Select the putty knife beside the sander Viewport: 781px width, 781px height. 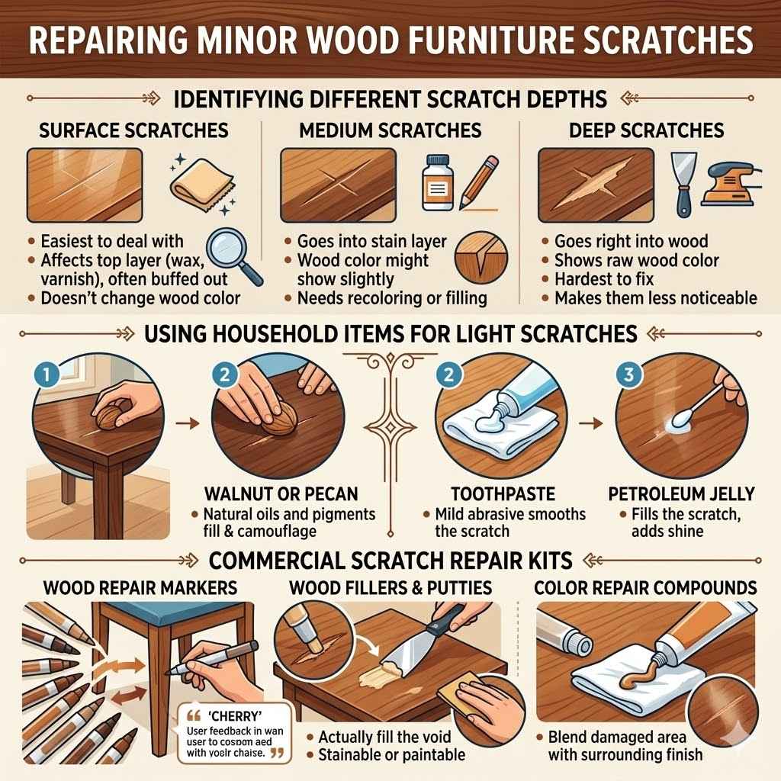click(680, 182)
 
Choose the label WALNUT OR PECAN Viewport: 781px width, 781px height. click(281, 493)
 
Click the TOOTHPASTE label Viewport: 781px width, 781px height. click(493, 493)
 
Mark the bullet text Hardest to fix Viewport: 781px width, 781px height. click(609, 279)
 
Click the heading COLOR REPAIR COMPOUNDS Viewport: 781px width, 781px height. click(645, 588)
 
